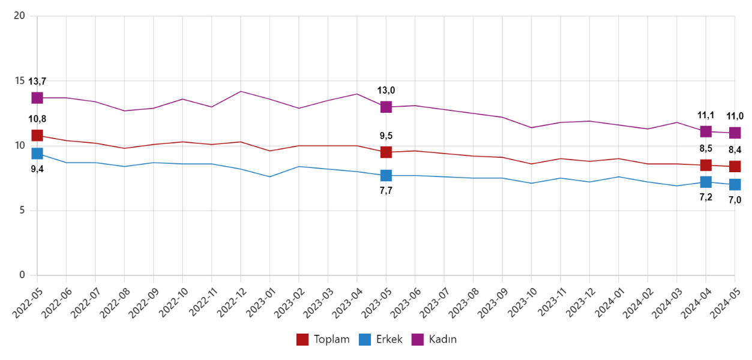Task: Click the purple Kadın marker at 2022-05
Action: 37,98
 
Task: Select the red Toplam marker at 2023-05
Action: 386,152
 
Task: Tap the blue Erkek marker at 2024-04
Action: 706,182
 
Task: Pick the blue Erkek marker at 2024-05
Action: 735,185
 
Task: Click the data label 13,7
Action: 37,81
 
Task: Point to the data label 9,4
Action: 37,169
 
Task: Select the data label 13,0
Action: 386,91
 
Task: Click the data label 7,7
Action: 386,191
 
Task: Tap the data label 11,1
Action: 706,116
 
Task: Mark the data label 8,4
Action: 735,150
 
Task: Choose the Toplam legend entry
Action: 323,340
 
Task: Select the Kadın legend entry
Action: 435,340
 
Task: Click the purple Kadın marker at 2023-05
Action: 386,107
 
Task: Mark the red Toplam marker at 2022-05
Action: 37,136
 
